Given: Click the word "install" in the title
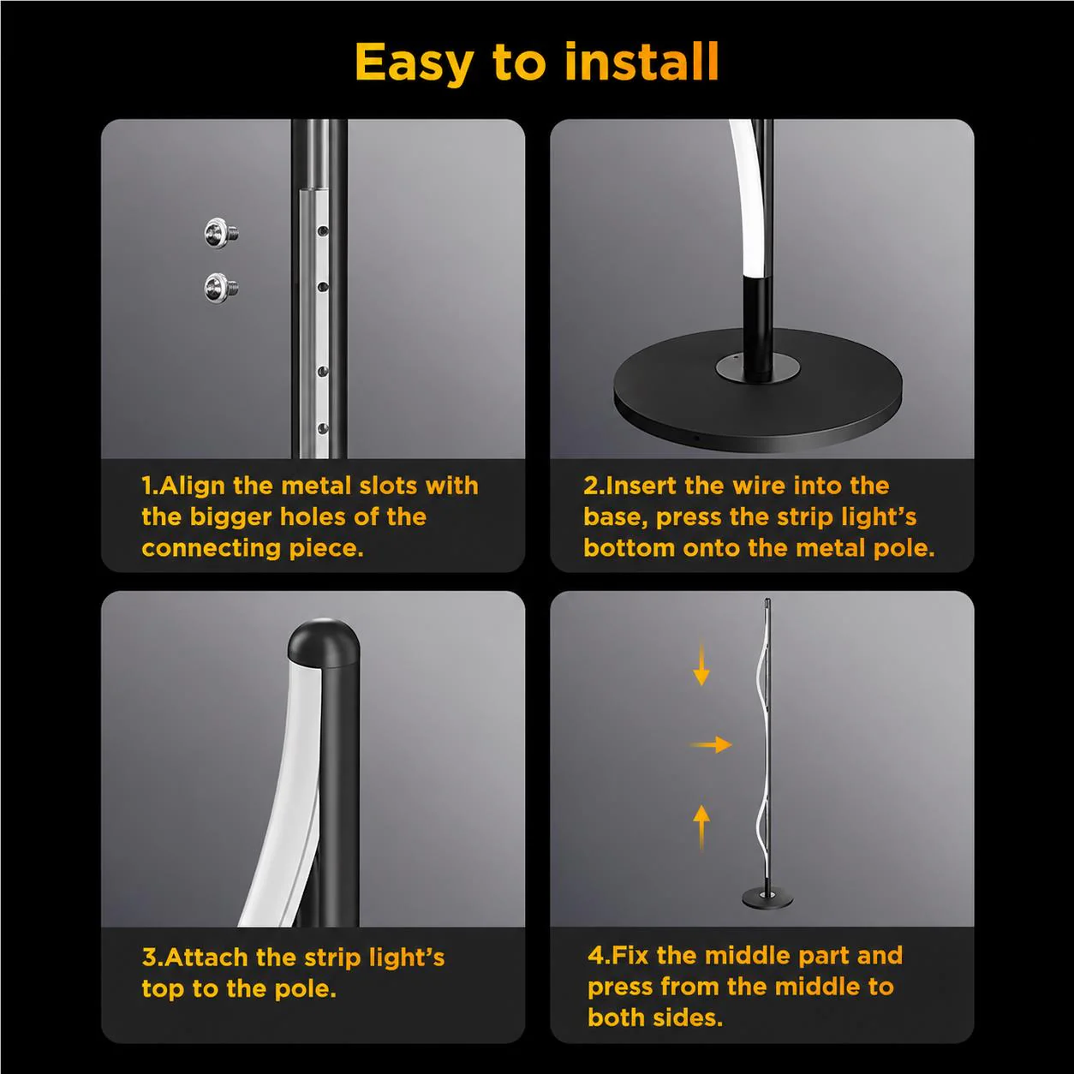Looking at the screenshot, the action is (641, 62).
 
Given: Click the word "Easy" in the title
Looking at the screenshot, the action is (415, 64).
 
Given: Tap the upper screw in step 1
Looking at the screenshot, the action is (221, 233).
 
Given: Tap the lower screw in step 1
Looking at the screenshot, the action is (221, 288).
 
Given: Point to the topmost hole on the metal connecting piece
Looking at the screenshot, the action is (322, 230).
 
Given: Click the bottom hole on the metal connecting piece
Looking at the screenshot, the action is (322, 428).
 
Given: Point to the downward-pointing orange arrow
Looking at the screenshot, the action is (701, 663).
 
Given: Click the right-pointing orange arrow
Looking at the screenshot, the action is (711, 744).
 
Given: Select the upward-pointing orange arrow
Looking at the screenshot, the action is (701, 827).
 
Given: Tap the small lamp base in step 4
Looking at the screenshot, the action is (767, 898).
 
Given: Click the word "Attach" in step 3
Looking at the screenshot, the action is (206, 958).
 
